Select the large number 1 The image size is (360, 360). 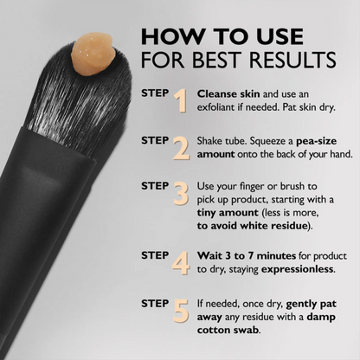181,101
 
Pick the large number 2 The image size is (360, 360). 181,148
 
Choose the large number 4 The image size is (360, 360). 181,262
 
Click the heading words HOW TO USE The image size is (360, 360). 222,36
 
